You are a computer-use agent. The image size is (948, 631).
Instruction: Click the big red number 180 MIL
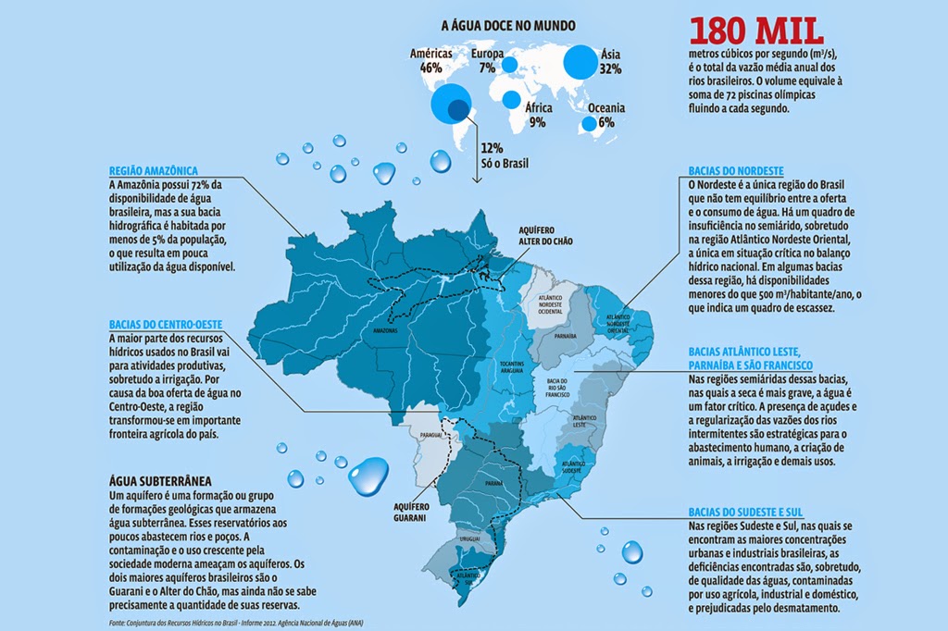[755, 30]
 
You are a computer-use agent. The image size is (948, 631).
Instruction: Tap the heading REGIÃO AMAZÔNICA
[154, 171]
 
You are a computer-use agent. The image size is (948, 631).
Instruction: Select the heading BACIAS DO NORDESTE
[737, 172]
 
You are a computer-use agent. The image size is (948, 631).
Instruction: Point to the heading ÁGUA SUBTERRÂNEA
[160, 482]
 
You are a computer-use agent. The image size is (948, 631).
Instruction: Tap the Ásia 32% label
[610, 61]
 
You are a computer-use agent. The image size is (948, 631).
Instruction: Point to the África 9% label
[539, 115]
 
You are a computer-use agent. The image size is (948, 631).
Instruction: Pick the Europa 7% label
[486, 61]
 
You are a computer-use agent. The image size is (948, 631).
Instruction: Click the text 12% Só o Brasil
[505, 155]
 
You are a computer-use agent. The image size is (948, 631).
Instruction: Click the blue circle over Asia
[581, 62]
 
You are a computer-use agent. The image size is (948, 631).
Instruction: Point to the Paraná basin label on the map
[493, 482]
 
